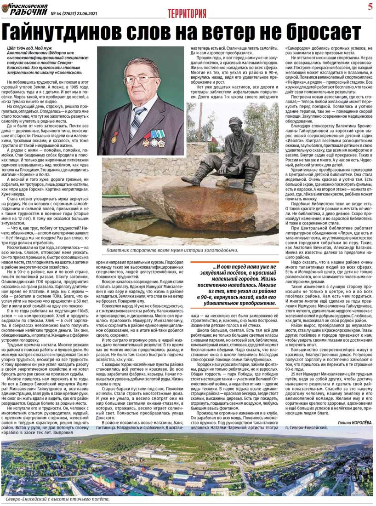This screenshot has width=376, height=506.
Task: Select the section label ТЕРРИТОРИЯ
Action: coord(187,13)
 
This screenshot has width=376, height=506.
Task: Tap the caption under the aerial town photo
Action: coord(57,499)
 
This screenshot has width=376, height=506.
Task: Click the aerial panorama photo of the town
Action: coord(188,465)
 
